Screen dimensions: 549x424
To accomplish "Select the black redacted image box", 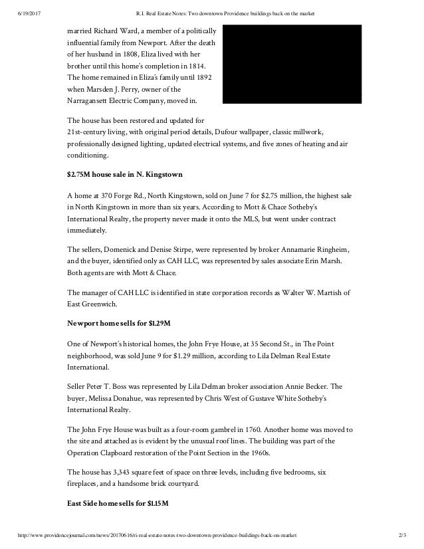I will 292,64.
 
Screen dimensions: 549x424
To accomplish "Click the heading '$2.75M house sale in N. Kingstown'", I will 125,174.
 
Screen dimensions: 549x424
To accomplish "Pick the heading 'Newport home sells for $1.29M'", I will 119,323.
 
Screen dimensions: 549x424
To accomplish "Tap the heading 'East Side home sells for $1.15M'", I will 118,502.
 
